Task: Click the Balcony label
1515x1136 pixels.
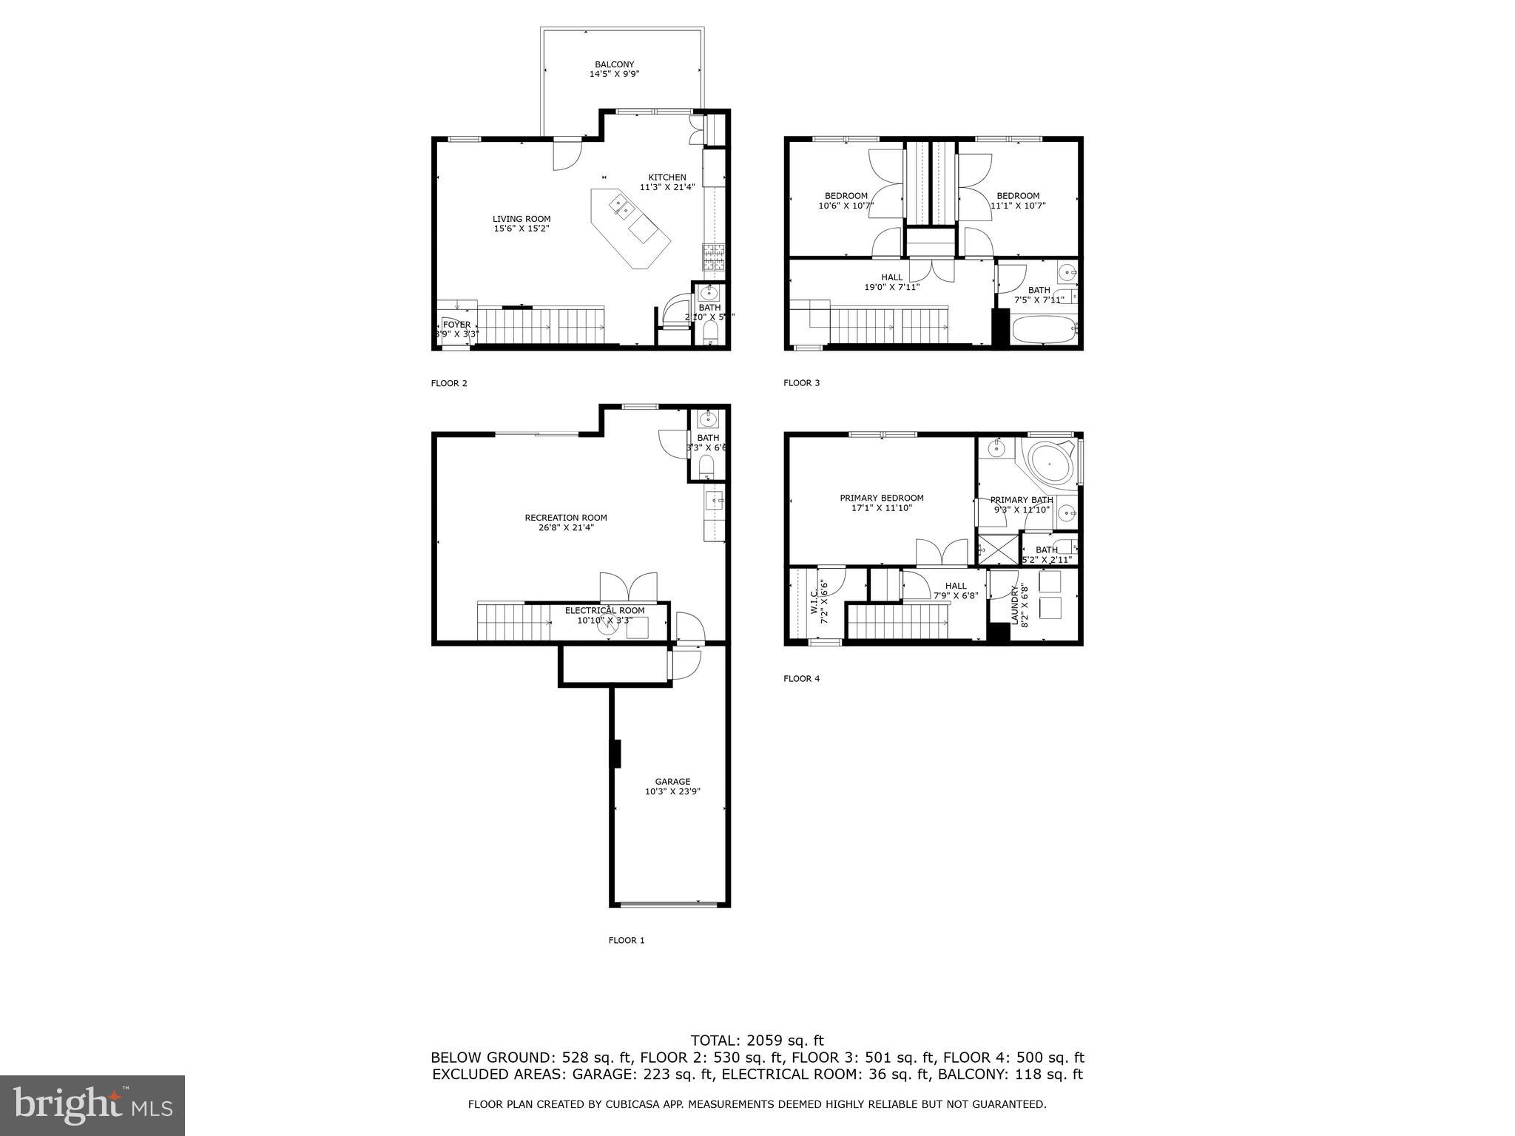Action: (614, 70)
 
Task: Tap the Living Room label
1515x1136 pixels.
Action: (522, 223)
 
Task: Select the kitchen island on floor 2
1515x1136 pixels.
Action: (630, 229)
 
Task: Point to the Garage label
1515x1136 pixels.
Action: (672, 786)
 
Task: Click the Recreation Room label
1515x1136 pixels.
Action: (566, 522)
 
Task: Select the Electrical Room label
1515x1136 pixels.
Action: (604, 615)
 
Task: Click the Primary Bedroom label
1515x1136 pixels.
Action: (881, 503)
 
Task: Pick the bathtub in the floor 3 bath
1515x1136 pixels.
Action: (1043, 329)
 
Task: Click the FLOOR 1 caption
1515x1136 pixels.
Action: (627, 941)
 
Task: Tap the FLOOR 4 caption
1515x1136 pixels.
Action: (801, 678)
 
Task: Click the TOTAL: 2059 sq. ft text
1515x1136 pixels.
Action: (757, 1041)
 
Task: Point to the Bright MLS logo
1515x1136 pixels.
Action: (92, 1105)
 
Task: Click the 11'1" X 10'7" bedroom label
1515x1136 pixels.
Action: (1018, 201)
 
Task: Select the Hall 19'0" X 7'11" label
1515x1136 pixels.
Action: (891, 282)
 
